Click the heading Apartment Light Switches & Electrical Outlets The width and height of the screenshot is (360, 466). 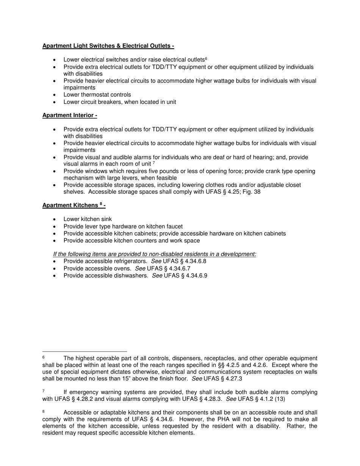pos(108,46)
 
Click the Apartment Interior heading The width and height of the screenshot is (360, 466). pos(69,115)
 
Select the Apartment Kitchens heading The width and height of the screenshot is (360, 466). pos(74,205)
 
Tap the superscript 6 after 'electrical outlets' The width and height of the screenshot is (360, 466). pos(206,59)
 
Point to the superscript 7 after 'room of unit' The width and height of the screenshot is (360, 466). pos(154,163)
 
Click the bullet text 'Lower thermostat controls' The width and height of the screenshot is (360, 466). pos(97,95)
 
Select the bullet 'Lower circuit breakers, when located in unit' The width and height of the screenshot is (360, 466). pos(119,102)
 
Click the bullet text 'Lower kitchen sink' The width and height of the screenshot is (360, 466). pos(88,219)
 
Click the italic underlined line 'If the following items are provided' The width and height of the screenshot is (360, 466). pos(155,254)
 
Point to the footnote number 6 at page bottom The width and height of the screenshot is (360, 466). pos(44,358)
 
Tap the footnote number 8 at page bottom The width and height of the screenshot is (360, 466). pos(44,411)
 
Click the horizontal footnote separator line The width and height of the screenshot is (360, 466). pos(85,351)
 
